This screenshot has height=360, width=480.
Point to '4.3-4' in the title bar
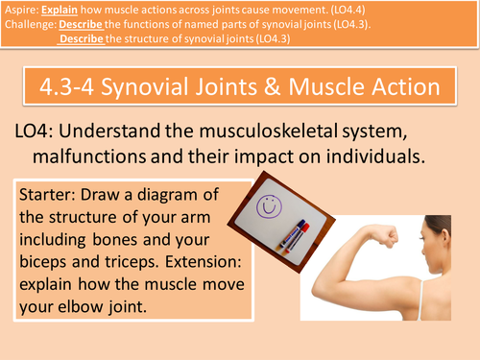click(60, 88)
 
